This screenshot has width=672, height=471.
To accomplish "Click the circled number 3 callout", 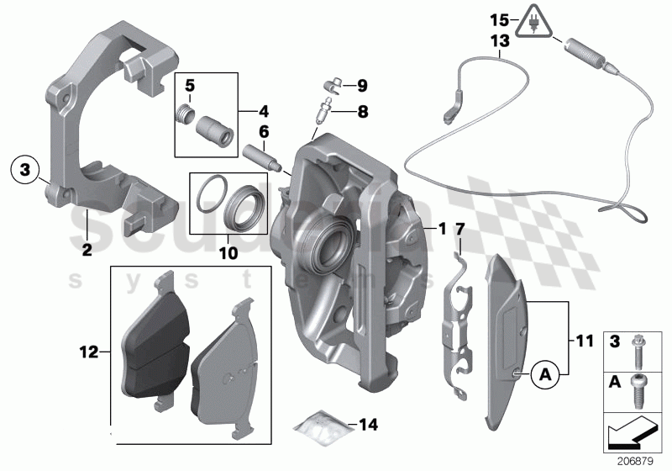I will click(x=25, y=171).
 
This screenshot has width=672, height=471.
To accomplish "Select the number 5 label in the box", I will click(x=190, y=86).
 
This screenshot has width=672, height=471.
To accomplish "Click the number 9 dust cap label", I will click(x=362, y=85).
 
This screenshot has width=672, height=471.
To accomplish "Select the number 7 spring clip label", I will click(x=459, y=230).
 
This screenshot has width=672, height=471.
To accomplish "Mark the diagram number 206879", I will click(x=641, y=461).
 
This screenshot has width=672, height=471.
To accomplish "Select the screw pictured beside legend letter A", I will click(x=643, y=393).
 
